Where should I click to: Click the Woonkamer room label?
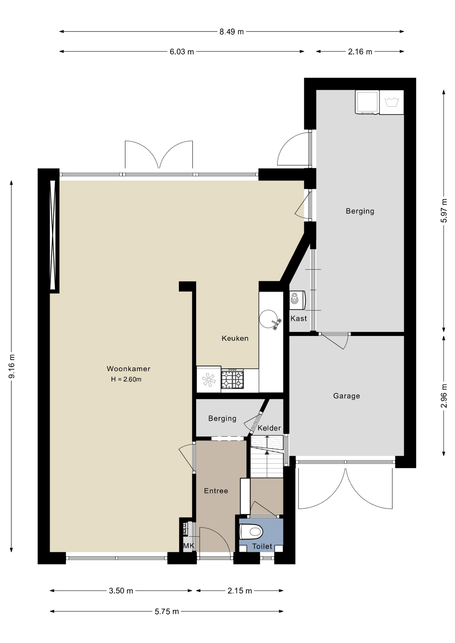coord(128,369)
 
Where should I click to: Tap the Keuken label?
coord(235,338)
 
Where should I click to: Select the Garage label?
coord(346,396)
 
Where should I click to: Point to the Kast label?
coord(299,318)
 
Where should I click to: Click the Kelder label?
coord(269,428)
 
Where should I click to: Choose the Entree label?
coord(216,491)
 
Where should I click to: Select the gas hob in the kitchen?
coord(232,379)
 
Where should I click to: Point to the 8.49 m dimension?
coord(232,32)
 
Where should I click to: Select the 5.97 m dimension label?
coord(444,211)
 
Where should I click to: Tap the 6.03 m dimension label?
coord(182,52)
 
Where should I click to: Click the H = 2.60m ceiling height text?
coord(126,379)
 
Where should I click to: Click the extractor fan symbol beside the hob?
coord(209,379)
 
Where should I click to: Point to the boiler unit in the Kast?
coord(297,300)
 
